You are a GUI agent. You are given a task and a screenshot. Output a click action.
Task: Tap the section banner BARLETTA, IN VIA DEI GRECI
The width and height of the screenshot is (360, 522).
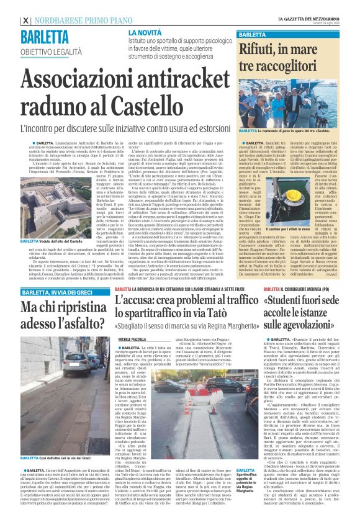58,292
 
